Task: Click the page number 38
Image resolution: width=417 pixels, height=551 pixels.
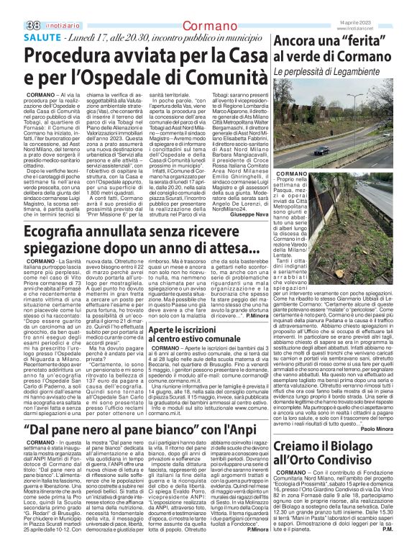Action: [x=12, y=6]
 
